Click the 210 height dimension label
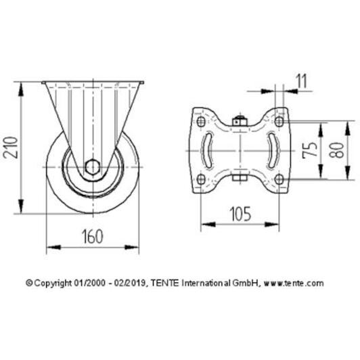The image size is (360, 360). coord(11,148)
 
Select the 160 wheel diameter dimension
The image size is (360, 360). coord(93,237)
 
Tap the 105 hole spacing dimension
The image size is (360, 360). coord(240,215)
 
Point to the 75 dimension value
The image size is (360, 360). coord(309,150)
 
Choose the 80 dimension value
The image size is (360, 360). coord(336,150)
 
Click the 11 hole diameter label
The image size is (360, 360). coord(302,81)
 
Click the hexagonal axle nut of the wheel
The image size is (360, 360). coord(92,167)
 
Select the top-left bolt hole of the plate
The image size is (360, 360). coord(201,121)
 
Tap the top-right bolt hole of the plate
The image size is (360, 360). coord(279,121)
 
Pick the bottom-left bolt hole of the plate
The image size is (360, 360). coord(201,179)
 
